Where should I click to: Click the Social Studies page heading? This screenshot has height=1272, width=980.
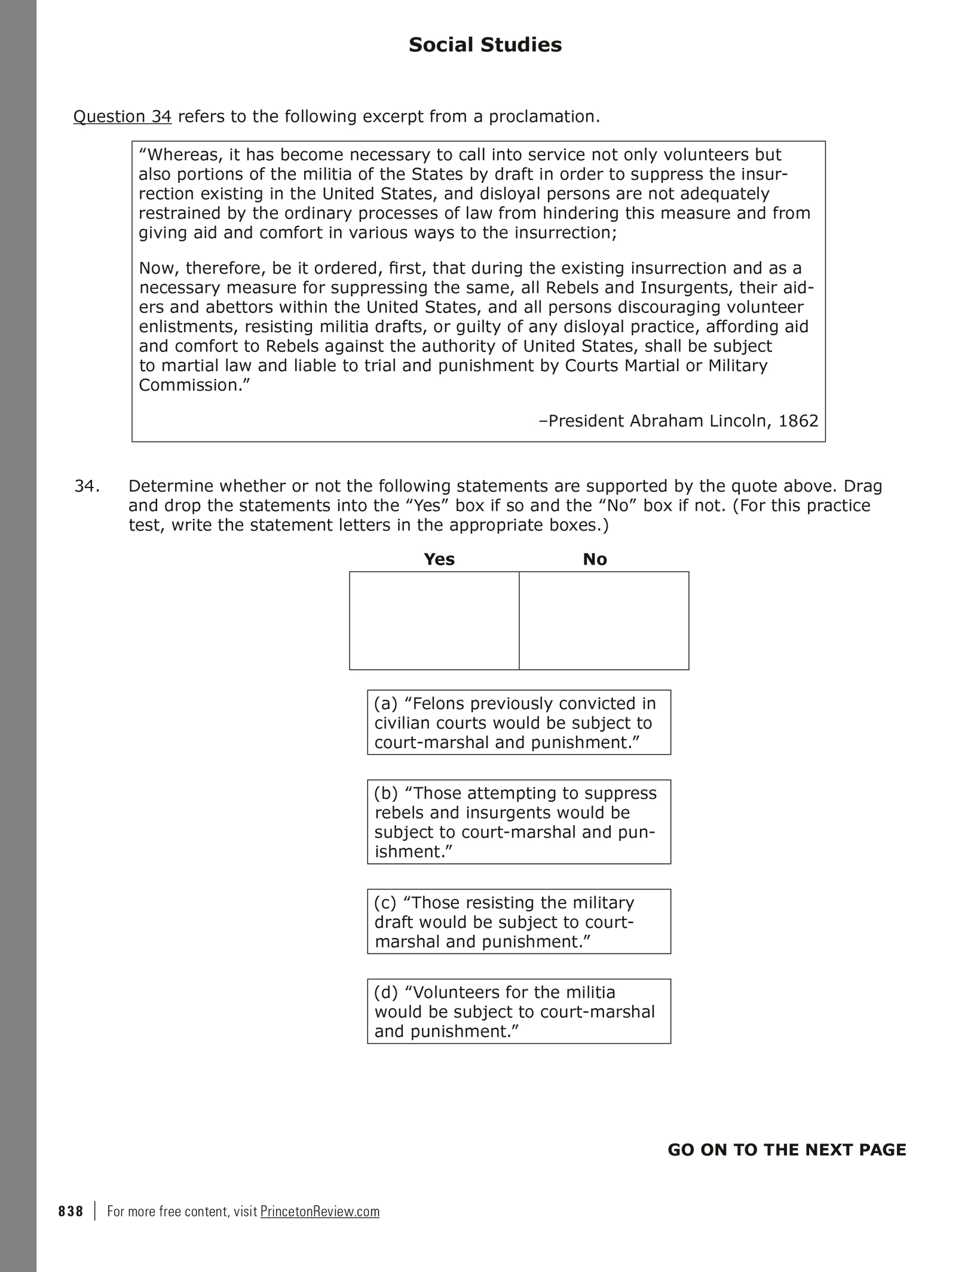pyautogui.click(x=485, y=45)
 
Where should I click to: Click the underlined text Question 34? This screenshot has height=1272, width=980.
pyautogui.click(x=122, y=117)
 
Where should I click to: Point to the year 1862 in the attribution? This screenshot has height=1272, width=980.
pyautogui.click(x=798, y=421)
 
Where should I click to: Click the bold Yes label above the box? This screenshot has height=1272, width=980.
pyautogui.click(x=439, y=559)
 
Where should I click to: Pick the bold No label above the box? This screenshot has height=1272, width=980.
pyautogui.click(x=595, y=559)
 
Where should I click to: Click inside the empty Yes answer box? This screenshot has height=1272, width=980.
pyautogui.click(x=434, y=620)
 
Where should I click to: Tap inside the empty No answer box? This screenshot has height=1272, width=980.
pyautogui.click(x=604, y=620)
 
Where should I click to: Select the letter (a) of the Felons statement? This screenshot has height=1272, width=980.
pyautogui.click(x=385, y=704)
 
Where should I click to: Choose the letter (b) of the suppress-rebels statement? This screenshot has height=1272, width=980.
pyautogui.click(x=385, y=793)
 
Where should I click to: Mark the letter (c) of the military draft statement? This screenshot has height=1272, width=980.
pyautogui.click(x=385, y=903)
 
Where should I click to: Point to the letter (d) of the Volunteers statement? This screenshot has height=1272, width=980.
pyautogui.click(x=385, y=992)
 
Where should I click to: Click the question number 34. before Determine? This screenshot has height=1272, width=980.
pyautogui.click(x=87, y=486)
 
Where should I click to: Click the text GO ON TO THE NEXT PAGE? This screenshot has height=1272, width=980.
pyautogui.click(x=786, y=1150)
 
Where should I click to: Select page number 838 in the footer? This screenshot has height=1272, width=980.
pyautogui.click(x=71, y=1212)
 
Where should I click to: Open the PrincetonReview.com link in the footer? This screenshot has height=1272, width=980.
pyautogui.click(x=320, y=1212)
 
